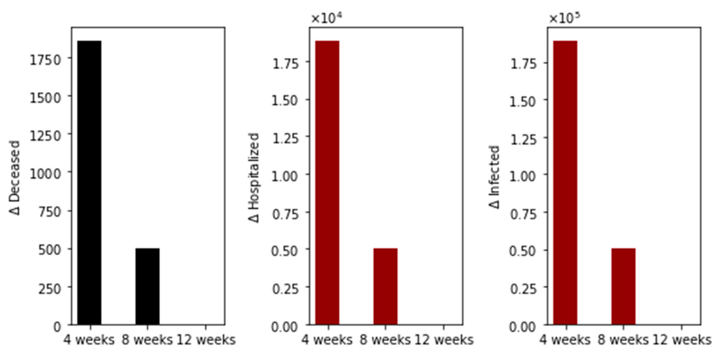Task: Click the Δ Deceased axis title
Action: pyautogui.click(x=14, y=178)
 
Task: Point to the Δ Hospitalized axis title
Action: pyautogui.click(x=254, y=178)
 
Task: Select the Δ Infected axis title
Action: pyautogui.click(x=495, y=177)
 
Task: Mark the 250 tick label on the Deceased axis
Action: pyautogui.click(x=49, y=289)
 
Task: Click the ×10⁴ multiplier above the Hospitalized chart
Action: pyautogui.click(x=327, y=18)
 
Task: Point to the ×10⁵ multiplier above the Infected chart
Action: pyautogui.click(x=564, y=18)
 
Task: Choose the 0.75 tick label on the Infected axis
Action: pyautogui.click(x=523, y=214)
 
